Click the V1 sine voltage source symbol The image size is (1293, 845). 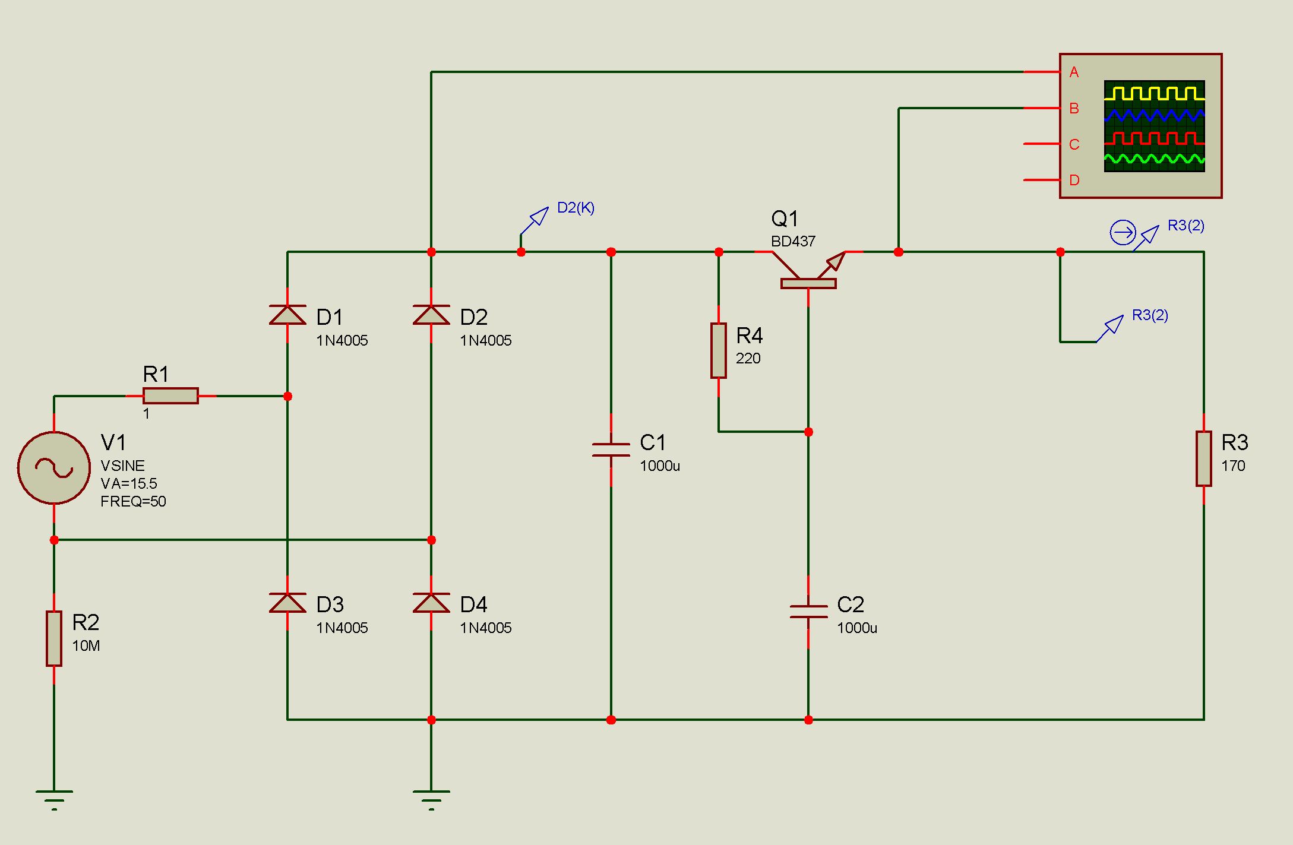(x=54, y=468)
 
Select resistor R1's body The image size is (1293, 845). (x=170, y=396)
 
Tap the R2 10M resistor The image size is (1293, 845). (x=54, y=638)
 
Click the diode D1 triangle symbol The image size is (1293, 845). (x=287, y=315)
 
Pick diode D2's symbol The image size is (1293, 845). (x=431, y=315)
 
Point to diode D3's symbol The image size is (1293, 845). (x=287, y=603)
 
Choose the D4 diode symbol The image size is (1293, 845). (x=431, y=603)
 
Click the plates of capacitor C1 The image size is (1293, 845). (x=611, y=450)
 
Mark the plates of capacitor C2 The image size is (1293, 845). (x=808, y=612)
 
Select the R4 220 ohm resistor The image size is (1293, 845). (x=719, y=351)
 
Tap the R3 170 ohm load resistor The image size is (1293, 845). (x=1204, y=459)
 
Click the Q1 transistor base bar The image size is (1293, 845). (x=808, y=284)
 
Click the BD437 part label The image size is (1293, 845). (x=793, y=242)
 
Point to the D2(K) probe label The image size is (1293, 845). (x=576, y=208)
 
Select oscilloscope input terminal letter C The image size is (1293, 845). (x=1074, y=144)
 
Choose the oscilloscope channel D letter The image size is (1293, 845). (x=1074, y=181)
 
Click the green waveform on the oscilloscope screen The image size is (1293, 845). (x=1155, y=159)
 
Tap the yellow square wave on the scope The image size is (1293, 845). (x=1155, y=93)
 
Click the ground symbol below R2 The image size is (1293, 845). (x=54, y=799)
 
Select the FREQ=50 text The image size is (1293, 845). (x=133, y=502)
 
